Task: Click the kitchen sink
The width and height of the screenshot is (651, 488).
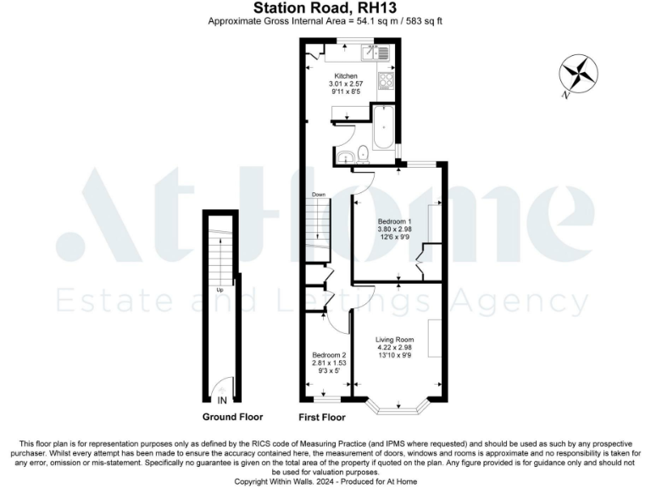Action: (375, 54)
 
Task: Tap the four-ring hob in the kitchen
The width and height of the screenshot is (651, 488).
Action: (384, 81)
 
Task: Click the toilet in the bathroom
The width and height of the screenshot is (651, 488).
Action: (362, 153)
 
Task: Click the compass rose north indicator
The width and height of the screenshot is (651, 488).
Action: (579, 75)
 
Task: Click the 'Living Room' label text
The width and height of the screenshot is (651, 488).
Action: (394, 339)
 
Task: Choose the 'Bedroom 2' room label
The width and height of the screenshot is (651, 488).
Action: (328, 354)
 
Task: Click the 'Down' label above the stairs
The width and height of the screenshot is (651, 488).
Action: (319, 195)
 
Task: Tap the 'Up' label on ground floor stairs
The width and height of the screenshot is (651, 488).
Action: (220, 289)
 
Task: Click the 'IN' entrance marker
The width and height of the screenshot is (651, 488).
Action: (222, 400)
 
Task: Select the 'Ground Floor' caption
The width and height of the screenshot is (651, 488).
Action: (232, 417)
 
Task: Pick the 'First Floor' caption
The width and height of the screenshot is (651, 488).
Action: (322, 417)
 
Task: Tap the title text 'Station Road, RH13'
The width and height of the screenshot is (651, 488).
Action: (325, 9)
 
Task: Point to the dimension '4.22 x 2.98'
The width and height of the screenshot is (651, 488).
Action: (394, 347)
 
